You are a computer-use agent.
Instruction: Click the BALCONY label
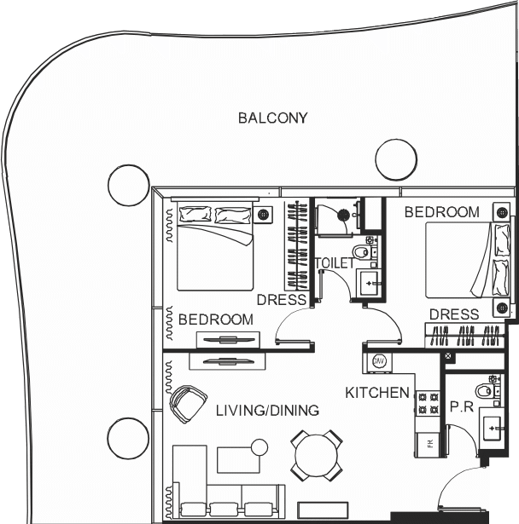coord(272,118)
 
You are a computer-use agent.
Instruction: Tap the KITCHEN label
coord(377,393)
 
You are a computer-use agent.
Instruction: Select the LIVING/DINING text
coord(267,411)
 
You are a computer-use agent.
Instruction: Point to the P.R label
coord(462,406)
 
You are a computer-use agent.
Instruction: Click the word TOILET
coord(334,263)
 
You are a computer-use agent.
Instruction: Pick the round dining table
coord(317,455)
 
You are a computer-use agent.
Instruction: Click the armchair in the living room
coord(188,404)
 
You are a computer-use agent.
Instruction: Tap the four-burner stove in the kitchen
coord(428,403)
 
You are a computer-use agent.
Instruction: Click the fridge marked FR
coord(429,443)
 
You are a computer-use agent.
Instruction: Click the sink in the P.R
coord(492,428)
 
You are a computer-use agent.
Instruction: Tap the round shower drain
coord(343,215)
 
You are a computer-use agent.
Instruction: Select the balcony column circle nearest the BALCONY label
coord(396,159)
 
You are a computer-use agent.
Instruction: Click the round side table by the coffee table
coord(259,447)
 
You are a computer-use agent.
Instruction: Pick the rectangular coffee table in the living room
coord(238,460)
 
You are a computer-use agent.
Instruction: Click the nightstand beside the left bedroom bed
coord(263,214)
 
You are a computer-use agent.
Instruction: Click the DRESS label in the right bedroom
coord(454,314)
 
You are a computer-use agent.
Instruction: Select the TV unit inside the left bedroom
coord(228,339)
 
